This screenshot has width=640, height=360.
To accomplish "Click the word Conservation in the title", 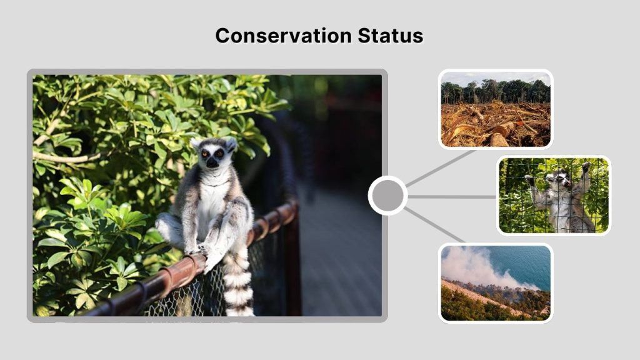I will tap(284, 36).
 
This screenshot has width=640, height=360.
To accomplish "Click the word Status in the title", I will tap(391, 36).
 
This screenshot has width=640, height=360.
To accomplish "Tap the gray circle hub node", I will tap(387, 196).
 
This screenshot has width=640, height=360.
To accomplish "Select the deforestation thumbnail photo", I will tap(495, 109).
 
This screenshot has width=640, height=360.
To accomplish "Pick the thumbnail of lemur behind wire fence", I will tap(553, 195).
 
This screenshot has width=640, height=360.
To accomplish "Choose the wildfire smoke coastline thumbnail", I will tap(495, 282).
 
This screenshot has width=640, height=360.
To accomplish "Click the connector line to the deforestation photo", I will tap(441, 167).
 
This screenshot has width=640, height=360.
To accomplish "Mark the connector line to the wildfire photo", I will tap(435, 225).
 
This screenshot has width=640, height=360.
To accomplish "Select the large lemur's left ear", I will tap(196, 143).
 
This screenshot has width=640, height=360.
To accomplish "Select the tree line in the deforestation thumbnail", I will tap(495, 92).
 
